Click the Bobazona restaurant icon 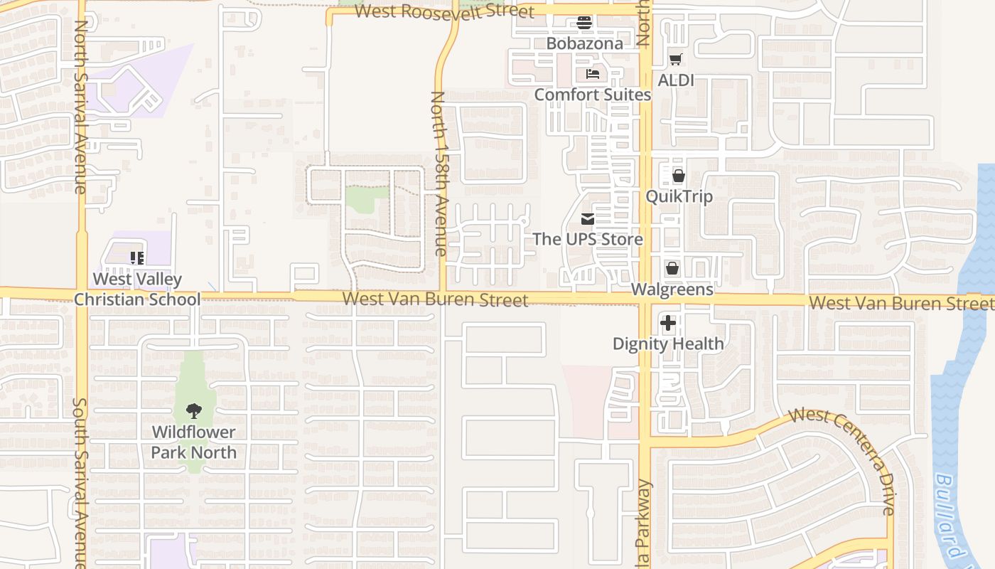coord(584,23)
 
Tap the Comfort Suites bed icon coord(593,74)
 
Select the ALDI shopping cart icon coord(675,60)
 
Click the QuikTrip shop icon coord(679,176)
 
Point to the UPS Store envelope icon coord(588,219)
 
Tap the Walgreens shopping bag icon coord(672,269)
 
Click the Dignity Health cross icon coord(668,324)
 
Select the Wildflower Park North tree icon coord(193,411)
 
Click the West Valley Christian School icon coord(137,258)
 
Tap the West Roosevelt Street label coord(444,11)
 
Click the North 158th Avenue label coord(439,174)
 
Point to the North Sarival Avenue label coord(80,107)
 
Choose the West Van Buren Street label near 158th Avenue coord(435,299)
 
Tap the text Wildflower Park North coord(193,442)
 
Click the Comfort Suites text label coord(592,95)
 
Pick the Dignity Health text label coord(668,344)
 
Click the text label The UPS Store coord(588,239)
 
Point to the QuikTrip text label coord(679,196)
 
